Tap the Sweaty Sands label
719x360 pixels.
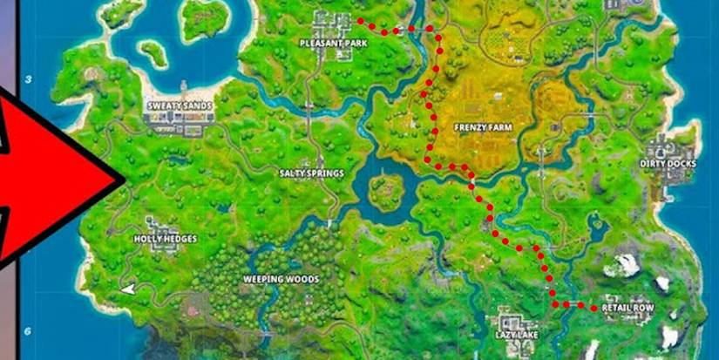(x=177, y=105)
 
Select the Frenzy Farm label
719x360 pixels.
(x=482, y=126)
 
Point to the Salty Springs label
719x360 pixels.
(x=311, y=173)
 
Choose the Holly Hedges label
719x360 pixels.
(x=165, y=238)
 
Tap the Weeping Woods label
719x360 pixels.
(x=281, y=280)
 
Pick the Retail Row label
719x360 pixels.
(x=627, y=308)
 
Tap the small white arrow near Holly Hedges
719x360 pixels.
(x=129, y=288)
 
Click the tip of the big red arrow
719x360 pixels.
(x=125, y=180)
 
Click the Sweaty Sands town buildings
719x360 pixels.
(x=179, y=125)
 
